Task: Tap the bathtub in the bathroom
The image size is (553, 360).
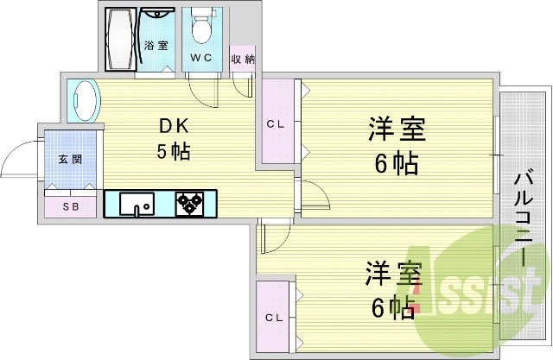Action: click(x=121, y=39)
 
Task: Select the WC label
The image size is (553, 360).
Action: click(x=201, y=58)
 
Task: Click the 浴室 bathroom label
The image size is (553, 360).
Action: click(x=156, y=46)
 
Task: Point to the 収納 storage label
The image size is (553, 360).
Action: click(x=243, y=60)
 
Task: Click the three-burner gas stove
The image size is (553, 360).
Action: click(x=190, y=204)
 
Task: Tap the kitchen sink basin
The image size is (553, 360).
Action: click(x=137, y=204)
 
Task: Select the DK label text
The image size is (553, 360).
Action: click(x=175, y=126)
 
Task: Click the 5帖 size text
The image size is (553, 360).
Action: click(x=173, y=151)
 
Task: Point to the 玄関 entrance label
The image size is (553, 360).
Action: click(x=70, y=160)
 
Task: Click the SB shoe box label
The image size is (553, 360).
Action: click(x=71, y=207)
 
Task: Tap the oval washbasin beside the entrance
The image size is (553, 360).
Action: click(x=84, y=101)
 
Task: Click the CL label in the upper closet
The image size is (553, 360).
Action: click(x=276, y=124)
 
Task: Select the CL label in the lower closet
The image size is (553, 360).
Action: click(x=274, y=318)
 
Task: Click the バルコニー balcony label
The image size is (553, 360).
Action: click(x=524, y=218)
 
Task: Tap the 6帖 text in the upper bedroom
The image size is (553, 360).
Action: click(x=397, y=163)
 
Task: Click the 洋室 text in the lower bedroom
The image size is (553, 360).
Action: click(x=394, y=274)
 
